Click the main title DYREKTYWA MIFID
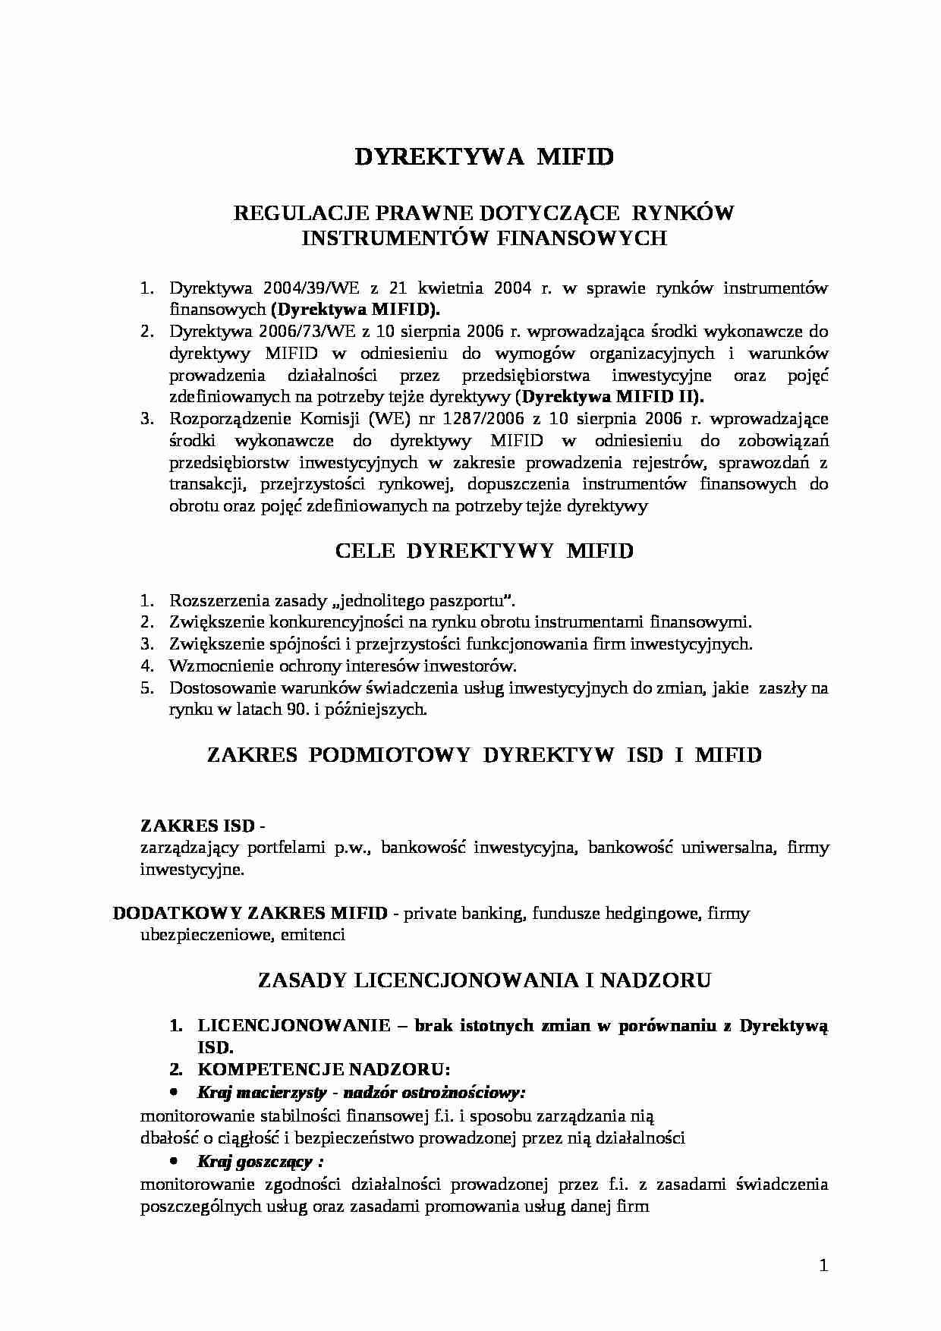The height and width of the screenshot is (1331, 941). pyautogui.click(x=484, y=156)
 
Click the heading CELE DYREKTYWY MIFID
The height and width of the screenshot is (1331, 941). pyautogui.click(x=484, y=551)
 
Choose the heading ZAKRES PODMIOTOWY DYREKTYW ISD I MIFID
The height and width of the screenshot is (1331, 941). pyautogui.click(x=484, y=754)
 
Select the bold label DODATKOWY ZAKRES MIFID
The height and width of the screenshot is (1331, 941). pyautogui.click(x=250, y=913)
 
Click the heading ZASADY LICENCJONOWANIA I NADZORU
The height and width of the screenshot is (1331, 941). pyautogui.click(x=484, y=980)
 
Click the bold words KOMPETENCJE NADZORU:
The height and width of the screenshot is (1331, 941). pyautogui.click(x=324, y=1069)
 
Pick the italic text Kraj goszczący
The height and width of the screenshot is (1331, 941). pyautogui.click(x=255, y=1162)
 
